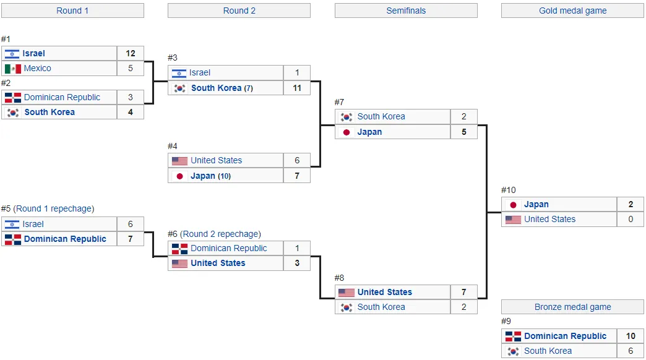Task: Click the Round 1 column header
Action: coord(72,11)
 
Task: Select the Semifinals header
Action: coord(406,11)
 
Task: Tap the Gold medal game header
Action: coord(572,11)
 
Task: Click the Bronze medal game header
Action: coord(572,307)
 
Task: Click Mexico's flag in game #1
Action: coord(13,69)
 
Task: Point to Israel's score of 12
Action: coord(131,54)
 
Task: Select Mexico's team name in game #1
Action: coord(38,69)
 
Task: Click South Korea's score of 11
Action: coord(297,88)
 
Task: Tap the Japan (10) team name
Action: coord(210,176)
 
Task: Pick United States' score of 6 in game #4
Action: coord(297,160)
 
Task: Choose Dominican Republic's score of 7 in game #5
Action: coord(131,239)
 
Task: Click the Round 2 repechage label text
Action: coord(222,234)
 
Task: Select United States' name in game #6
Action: coord(218,264)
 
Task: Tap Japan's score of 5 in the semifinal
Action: coord(464,132)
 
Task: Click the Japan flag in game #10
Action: coord(514,205)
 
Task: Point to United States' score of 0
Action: coord(631,219)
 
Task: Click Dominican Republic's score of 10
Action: coord(631,336)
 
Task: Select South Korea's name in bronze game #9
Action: coord(548,351)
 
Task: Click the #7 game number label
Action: coord(339,102)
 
